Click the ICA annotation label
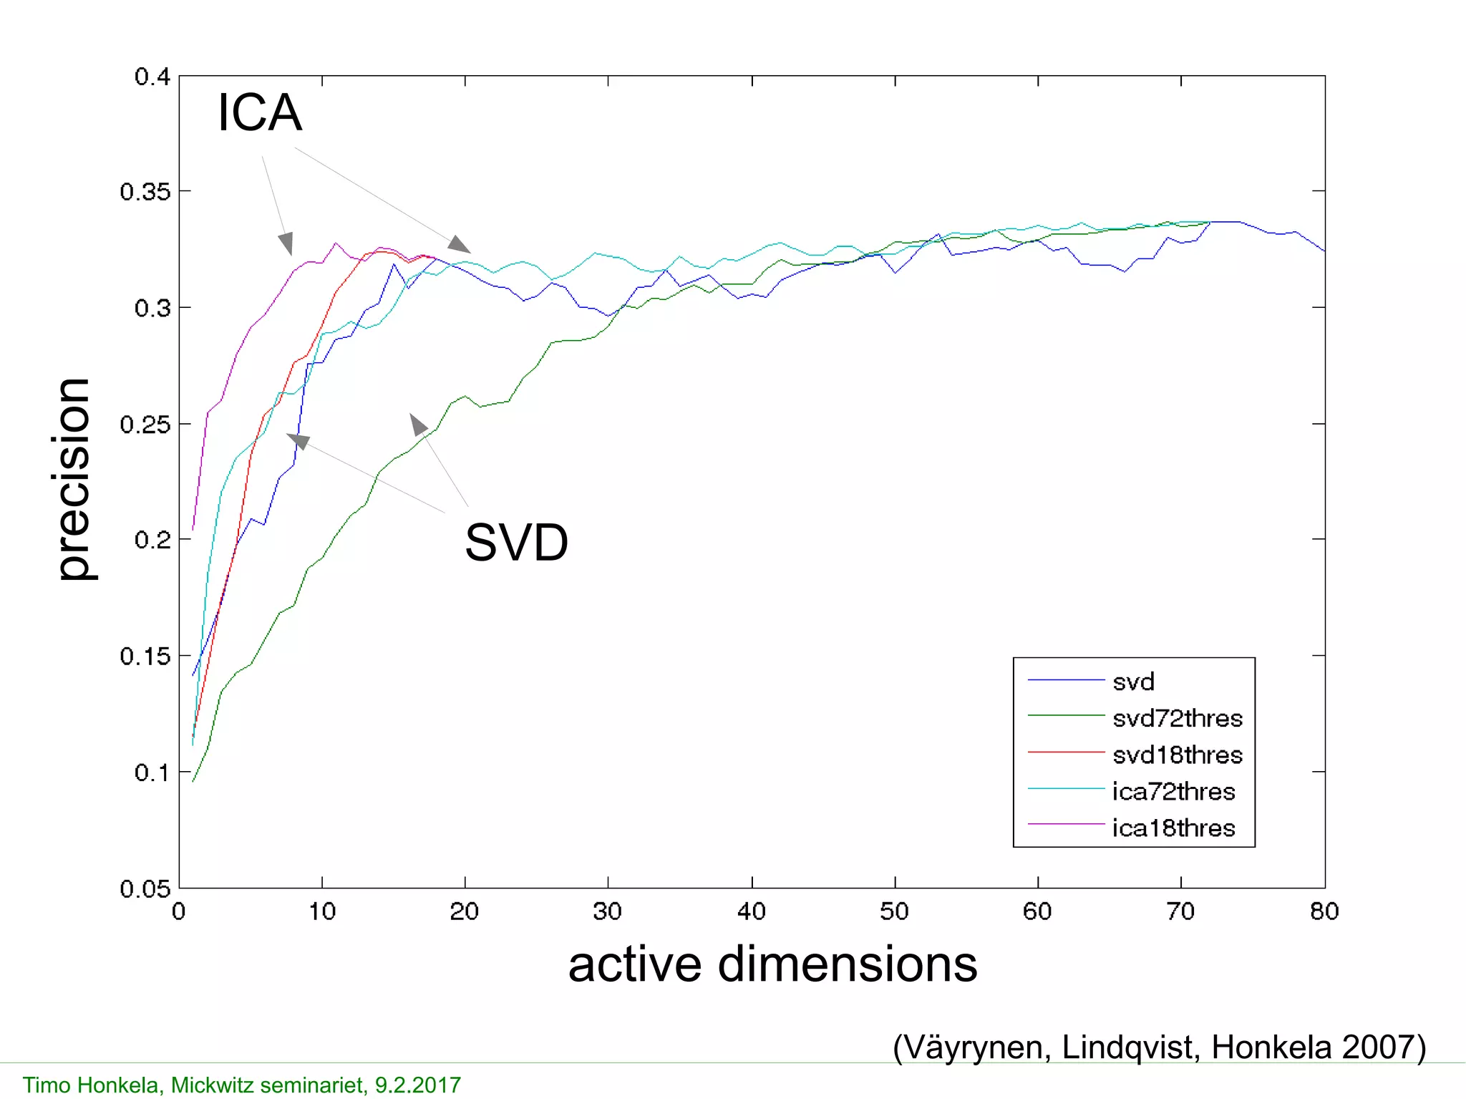click(259, 113)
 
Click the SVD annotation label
click(516, 543)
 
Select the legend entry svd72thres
click(1177, 718)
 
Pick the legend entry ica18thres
click(1173, 828)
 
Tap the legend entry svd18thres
click(1177, 755)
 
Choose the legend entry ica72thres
click(1173, 792)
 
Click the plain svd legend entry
click(1133, 682)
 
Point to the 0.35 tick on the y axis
click(145, 192)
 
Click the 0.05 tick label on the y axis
click(145, 889)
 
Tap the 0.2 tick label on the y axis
click(152, 540)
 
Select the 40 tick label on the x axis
click(752, 911)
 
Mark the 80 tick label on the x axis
click(1324, 911)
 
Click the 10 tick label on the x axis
click(322, 911)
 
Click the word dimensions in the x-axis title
click(847, 964)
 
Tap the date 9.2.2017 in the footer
click(418, 1085)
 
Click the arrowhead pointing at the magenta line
click(286, 243)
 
